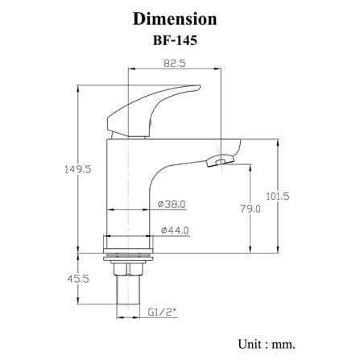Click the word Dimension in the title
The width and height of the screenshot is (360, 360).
[x=175, y=19]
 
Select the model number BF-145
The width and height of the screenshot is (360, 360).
[x=175, y=40]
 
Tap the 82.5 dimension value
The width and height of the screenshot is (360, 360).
[x=175, y=64]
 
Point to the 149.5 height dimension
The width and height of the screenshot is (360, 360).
[x=78, y=169]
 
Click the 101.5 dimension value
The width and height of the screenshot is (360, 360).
[x=278, y=197]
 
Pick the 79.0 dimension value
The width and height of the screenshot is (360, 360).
[x=250, y=209]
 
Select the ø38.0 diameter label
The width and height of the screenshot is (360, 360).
[x=172, y=205]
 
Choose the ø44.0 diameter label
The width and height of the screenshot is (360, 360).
[x=175, y=230]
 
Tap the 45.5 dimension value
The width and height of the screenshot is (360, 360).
[x=78, y=279]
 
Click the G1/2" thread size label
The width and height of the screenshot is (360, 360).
[x=163, y=312]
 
